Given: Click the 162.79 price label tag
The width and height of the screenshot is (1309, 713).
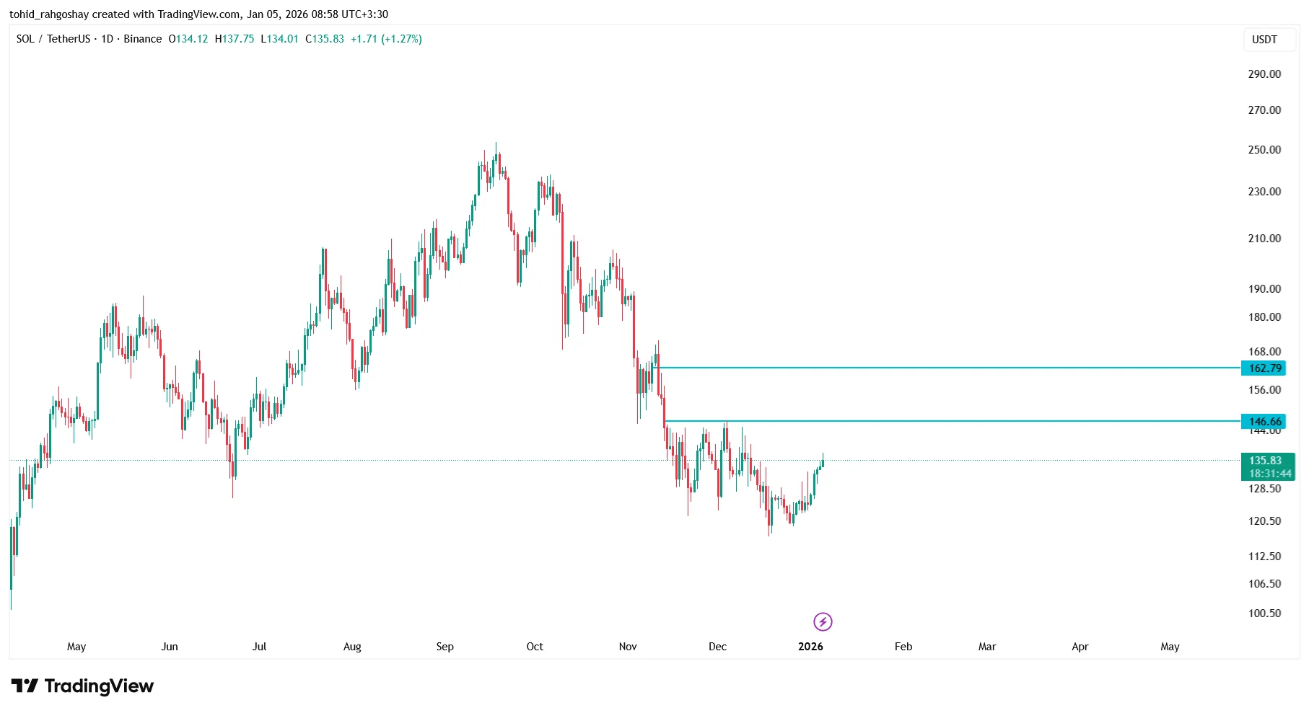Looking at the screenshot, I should [x=1265, y=368].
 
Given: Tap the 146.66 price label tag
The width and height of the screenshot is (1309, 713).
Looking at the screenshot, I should [x=1265, y=422].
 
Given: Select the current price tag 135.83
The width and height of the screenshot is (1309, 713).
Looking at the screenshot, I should [x=1265, y=461].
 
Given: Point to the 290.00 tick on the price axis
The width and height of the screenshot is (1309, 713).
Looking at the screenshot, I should [x=1264, y=74].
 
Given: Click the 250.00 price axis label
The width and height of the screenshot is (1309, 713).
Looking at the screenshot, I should [x=1264, y=150].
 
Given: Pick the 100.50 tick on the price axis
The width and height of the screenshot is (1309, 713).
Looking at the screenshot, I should [x=1264, y=614].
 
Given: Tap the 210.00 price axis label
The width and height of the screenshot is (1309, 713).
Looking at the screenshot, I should [x=1264, y=239].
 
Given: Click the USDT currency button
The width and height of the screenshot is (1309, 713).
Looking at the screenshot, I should [x=1264, y=40].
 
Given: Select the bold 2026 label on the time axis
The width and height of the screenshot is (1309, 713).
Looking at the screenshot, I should [x=810, y=647].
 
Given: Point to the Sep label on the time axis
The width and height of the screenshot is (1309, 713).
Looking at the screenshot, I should [x=445, y=647].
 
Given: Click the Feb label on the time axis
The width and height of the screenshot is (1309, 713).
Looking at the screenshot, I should [x=903, y=647].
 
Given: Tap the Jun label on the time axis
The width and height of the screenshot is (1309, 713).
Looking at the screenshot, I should [x=169, y=647].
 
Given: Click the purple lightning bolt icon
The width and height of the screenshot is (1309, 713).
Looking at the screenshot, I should [x=823, y=621].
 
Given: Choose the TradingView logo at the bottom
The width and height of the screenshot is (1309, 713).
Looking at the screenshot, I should [x=82, y=686].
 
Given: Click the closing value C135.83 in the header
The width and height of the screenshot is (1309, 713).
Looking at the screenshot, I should [x=325, y=39].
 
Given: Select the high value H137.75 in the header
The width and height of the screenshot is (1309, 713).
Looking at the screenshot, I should [x=235, y=39].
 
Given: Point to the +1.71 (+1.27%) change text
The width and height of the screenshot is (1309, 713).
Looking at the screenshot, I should [x=386, y=39].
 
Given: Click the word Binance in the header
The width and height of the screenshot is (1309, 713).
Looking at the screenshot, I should [x=142, y=39].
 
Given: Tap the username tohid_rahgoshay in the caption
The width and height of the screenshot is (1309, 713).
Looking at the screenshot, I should [x=48, y=14].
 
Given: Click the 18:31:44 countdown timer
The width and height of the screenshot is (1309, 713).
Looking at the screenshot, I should [x=1270, y=474].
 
